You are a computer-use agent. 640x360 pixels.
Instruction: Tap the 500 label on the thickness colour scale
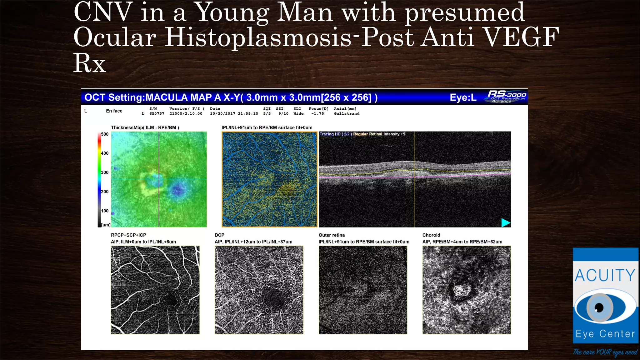105,134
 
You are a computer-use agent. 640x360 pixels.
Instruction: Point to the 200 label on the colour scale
105,192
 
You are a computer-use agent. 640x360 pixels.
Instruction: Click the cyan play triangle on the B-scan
505,222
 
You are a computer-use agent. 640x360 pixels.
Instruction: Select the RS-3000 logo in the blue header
506,96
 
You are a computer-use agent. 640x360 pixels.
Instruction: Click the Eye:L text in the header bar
463,97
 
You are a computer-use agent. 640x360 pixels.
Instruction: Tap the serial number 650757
157,114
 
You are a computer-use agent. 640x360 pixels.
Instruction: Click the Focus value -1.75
317,114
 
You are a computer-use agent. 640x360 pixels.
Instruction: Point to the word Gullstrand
347,114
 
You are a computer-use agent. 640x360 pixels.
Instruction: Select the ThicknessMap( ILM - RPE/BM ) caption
145,127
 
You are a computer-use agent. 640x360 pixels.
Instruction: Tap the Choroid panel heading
431,235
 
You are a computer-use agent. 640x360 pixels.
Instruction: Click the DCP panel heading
219,235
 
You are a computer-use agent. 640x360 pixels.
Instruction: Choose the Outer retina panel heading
332,235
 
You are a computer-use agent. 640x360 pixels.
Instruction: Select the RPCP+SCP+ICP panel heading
128,235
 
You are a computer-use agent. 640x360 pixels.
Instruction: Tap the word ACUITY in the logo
605,276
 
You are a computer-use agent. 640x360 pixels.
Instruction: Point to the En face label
114,111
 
